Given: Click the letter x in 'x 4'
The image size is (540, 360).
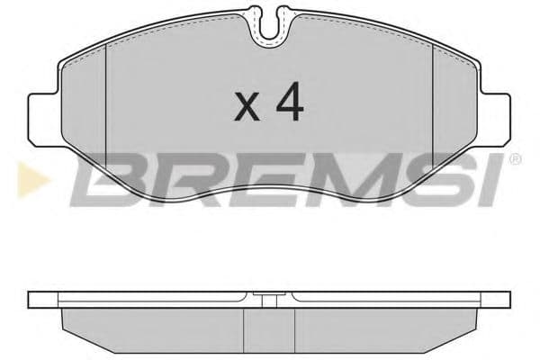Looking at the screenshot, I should (x=247, y=109).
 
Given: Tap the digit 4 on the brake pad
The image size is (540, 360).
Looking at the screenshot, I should (x=289, y=104).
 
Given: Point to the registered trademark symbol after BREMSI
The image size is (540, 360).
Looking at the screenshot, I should (x=515, y=160).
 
